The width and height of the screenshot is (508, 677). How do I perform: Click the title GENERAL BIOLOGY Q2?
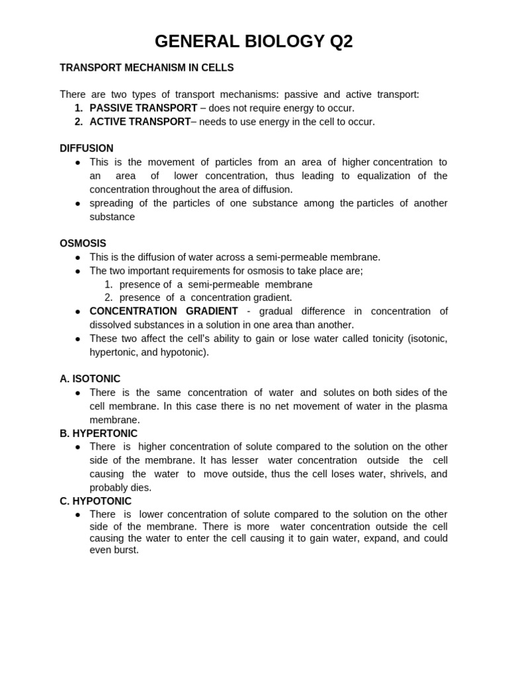coord(253,42)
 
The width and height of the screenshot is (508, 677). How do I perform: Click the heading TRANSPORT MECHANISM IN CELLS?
coord(146,67)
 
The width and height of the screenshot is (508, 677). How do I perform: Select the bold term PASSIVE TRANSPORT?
coord(143,108)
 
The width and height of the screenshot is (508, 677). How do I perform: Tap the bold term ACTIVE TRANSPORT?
coord(140,122)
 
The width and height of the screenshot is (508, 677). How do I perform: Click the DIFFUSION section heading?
coord(86,148)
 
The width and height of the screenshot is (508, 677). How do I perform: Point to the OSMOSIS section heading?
coord(83,243)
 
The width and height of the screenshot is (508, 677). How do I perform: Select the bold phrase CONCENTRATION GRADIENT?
coord(163,311)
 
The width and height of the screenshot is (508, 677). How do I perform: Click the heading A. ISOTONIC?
coord(90,379)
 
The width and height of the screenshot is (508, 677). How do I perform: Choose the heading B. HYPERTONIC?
coord(99,433)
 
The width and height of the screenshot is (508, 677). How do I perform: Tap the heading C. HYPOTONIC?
coord(95,501)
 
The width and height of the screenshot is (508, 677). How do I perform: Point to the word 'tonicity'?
coord(383,338)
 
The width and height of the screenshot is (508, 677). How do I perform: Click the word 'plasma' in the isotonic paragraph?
coord(431,406)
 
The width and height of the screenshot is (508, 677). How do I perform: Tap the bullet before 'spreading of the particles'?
coord(77,204)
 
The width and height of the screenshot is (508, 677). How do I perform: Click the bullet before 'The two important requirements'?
coord(77,271)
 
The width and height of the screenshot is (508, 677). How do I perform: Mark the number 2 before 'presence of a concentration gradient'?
coord(108,298)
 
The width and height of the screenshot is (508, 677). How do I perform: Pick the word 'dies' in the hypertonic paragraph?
coord(140,488)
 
